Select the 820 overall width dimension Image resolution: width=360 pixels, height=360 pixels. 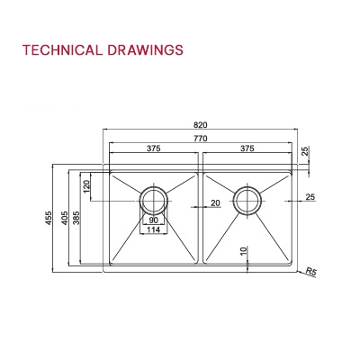point(200,124)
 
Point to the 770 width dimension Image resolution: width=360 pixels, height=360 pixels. point(200,137)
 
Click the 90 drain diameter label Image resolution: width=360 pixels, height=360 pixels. point(154,220)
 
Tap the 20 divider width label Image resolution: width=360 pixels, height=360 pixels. point(215,204)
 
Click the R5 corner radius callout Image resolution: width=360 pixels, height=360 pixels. point(311,271)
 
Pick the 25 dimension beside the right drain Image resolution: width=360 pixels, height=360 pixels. point(310,197)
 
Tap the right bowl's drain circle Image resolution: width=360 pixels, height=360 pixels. point(246,199)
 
